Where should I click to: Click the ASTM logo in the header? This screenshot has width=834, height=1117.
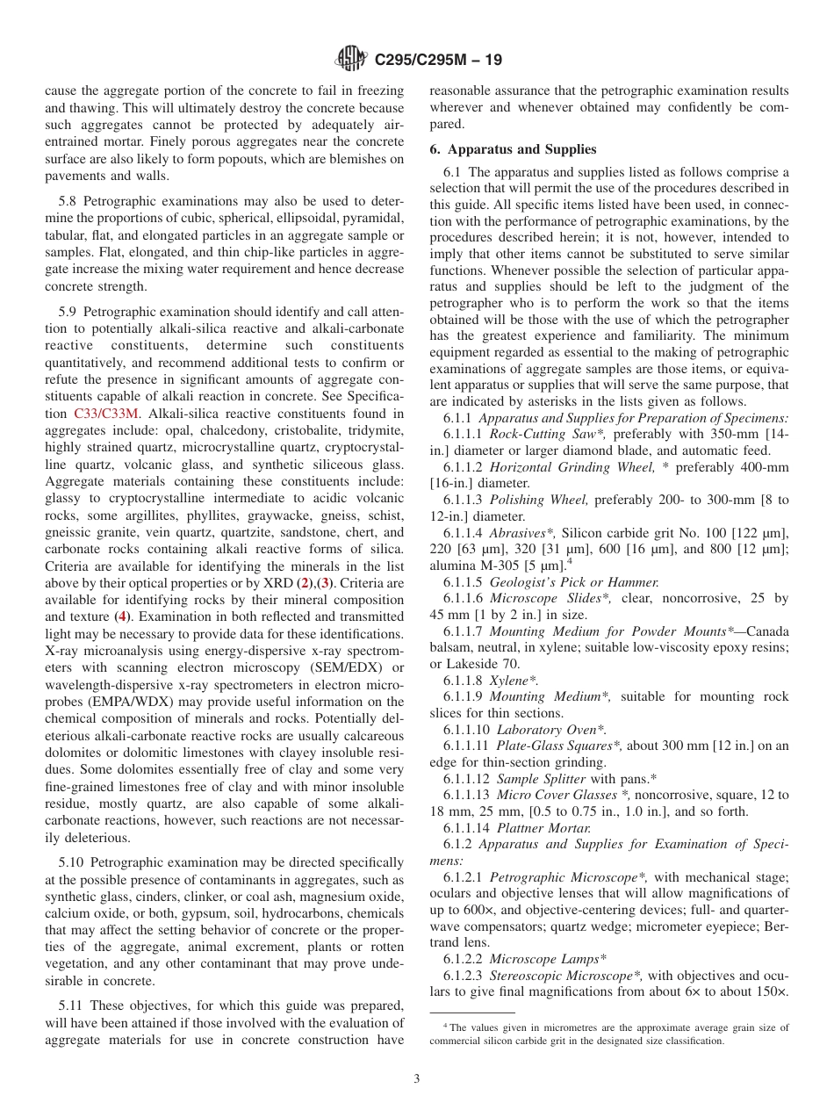coord(352,60)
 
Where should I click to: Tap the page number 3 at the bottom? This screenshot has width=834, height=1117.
coord(417,1078)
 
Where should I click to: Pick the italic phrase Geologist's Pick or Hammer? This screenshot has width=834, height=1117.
coord(573,582)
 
